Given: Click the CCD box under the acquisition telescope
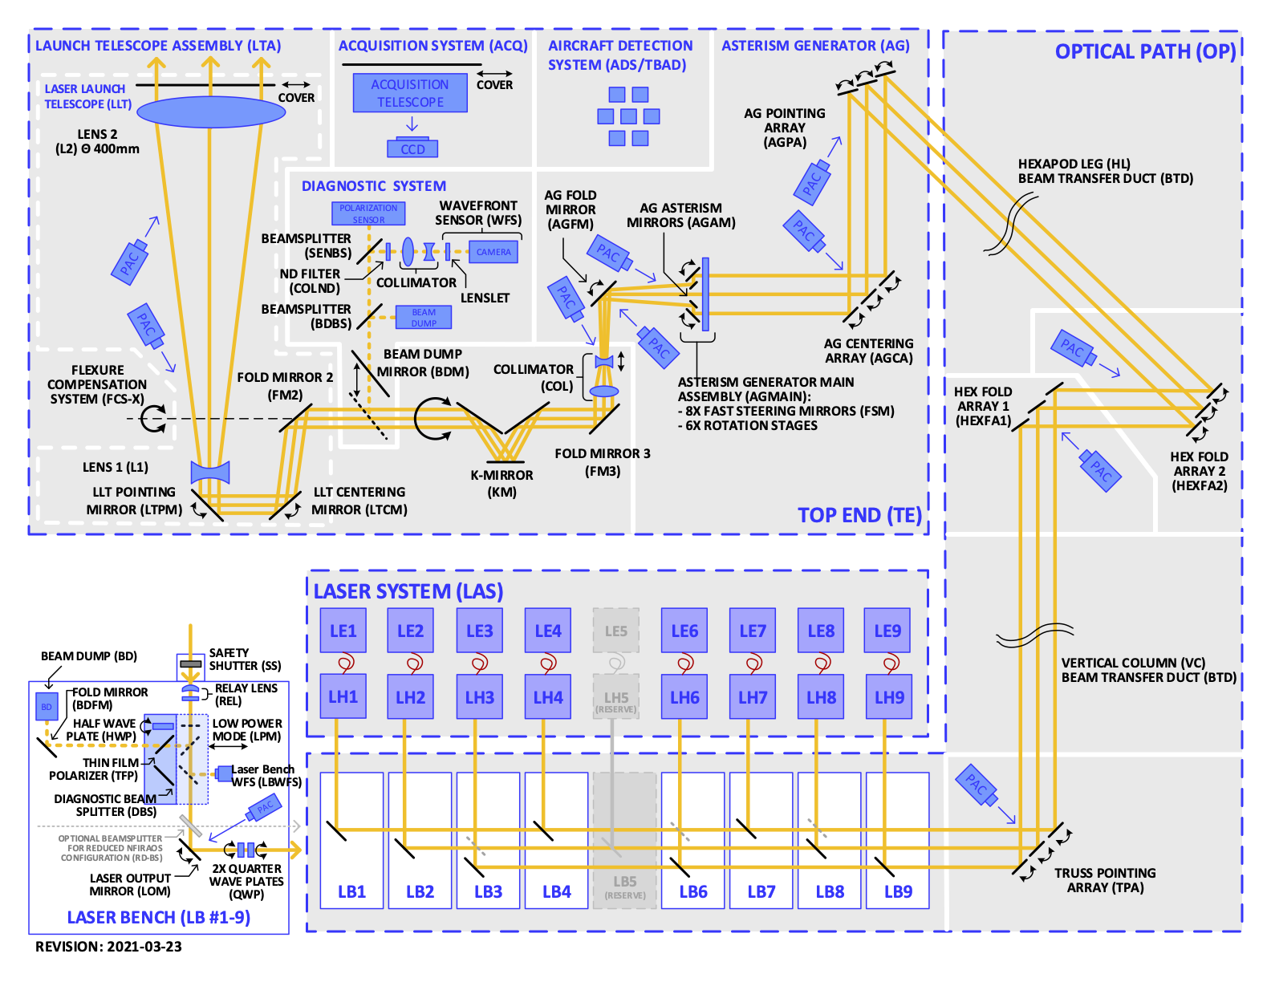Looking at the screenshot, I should [412, 149].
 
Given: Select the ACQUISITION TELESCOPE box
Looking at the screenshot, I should [410, 94].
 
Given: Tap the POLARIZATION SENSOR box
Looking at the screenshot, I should [368, 213].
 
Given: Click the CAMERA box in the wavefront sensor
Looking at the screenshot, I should [493, 252].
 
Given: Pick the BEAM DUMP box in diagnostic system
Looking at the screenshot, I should [424, 318].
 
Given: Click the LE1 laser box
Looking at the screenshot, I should [343, 631].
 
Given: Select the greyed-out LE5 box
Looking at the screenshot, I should [616, 631].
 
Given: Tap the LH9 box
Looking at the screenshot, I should [889, 697].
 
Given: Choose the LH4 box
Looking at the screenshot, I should [548, 697].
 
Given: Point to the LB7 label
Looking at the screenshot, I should [761, 891].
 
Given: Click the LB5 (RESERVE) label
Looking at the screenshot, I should [625, 887].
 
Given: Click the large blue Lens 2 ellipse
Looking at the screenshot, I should [211, 112].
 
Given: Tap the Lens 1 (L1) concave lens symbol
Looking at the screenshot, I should [210, 472].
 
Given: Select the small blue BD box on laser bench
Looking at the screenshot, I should [47, 707].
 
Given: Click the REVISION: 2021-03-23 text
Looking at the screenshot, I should [108, 947].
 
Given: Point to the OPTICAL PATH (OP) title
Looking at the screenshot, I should [1145, 51].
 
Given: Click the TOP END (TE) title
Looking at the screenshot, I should [859, 515].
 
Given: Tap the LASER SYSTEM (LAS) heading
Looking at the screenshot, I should [408, 591].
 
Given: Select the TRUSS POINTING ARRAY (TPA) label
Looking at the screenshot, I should [1105, 880].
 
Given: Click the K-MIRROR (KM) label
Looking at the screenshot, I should [502, 483].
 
